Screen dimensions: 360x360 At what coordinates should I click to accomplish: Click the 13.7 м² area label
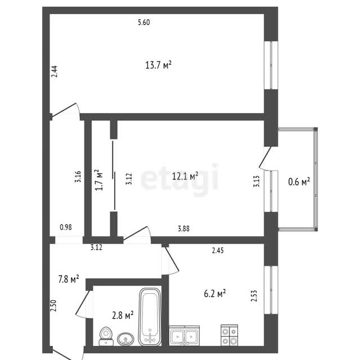tap(159, 65)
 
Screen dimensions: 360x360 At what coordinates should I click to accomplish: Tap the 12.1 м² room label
tap(185, 176)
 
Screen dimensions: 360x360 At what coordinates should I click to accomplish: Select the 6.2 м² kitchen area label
tap(215, 294)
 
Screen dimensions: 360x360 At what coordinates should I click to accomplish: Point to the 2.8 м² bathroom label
tap(123, 316)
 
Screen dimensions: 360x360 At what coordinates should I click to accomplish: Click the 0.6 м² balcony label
tap(299, 182)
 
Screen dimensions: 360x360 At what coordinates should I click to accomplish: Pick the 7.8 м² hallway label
tap(69, 279)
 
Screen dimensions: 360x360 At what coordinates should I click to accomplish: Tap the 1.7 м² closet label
tap(99, 180)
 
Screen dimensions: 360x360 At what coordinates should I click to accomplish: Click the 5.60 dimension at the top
tap(144, 22)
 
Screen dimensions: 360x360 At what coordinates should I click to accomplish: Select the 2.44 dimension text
tap(55, 71)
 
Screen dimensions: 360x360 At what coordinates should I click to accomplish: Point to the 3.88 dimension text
tap(184, 229)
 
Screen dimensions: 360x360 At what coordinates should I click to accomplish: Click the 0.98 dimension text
tap(66, 227)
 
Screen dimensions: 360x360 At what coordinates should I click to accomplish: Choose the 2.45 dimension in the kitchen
tap(218, 250)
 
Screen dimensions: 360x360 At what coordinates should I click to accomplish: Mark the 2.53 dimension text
tap(254, 296)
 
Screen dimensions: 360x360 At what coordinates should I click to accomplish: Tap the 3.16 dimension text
tap(78, 177)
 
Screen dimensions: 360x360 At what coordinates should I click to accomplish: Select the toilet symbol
tap(106, 336)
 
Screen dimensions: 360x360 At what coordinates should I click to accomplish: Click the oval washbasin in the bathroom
tap(125, 339)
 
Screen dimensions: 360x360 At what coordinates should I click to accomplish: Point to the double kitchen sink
tap(184, 335)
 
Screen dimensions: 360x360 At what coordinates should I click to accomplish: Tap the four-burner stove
tap(229, 335)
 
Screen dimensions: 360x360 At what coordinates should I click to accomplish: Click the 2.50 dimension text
tap(54, 305)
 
